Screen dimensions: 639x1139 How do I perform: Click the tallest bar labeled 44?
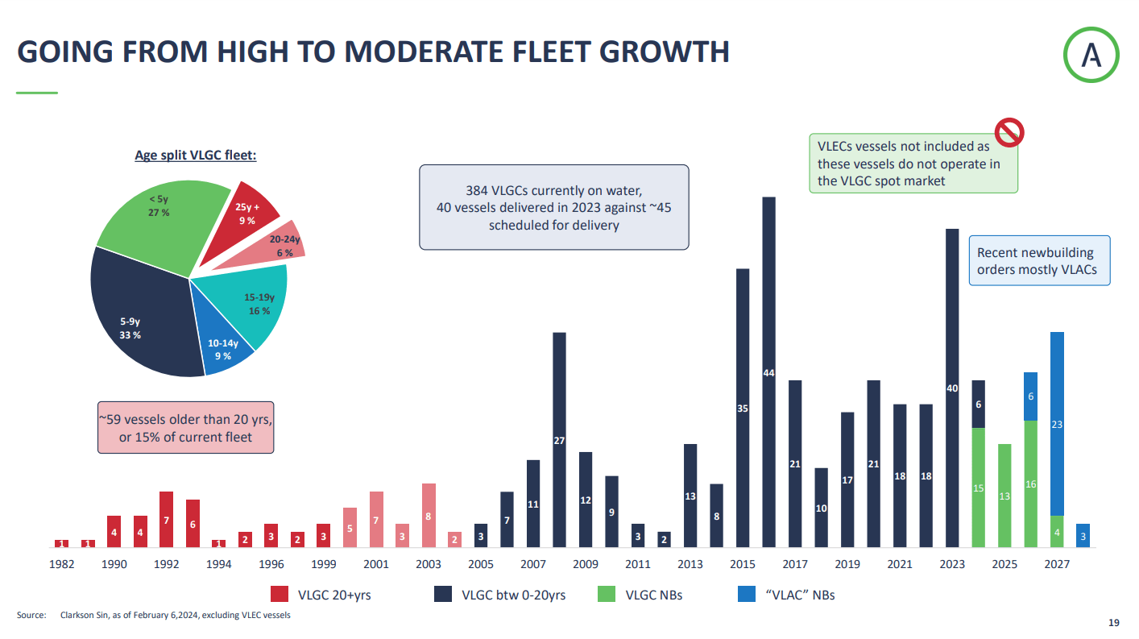point(768,372)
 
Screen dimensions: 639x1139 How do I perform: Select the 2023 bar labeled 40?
point(952,388)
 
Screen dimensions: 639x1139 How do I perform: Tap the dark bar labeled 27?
point(559,440)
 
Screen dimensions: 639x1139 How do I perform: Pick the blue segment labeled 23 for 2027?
point(1057,423)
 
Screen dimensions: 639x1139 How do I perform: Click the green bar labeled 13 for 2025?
point(1004,496)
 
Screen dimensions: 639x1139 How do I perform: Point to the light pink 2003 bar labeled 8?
point(429,516)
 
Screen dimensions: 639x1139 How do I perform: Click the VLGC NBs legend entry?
point(640,595)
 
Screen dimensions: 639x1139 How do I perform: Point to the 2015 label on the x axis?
point(743,564)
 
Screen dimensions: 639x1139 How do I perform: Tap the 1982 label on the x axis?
point(62,564)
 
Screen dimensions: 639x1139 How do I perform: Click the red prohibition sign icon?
point(1008,131)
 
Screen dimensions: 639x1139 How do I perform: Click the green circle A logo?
point(1091,54)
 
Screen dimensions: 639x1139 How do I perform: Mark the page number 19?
point(1114,623)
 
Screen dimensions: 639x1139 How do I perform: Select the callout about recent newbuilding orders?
point(1038,261)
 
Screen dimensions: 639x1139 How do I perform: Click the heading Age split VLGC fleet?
point(195,155)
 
